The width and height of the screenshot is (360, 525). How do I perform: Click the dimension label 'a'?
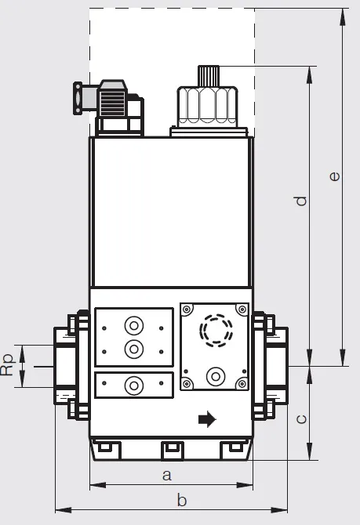(x=167, y=475)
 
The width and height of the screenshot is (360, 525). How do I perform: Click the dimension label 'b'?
(x=182, y=500)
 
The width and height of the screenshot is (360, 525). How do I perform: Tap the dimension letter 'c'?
(x=302, y=419)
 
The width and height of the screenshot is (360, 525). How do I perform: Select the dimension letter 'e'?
(x=335, y=176)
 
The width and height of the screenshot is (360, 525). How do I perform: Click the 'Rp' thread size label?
(x=8, y=365)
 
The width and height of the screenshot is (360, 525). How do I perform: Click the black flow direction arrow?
(x=208, y=419)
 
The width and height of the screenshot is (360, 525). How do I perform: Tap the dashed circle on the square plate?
(x=216, y=330)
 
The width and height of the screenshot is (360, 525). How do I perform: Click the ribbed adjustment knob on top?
(x=209, y=76)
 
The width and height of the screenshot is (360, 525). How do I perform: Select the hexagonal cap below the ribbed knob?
(x=208, y=107)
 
